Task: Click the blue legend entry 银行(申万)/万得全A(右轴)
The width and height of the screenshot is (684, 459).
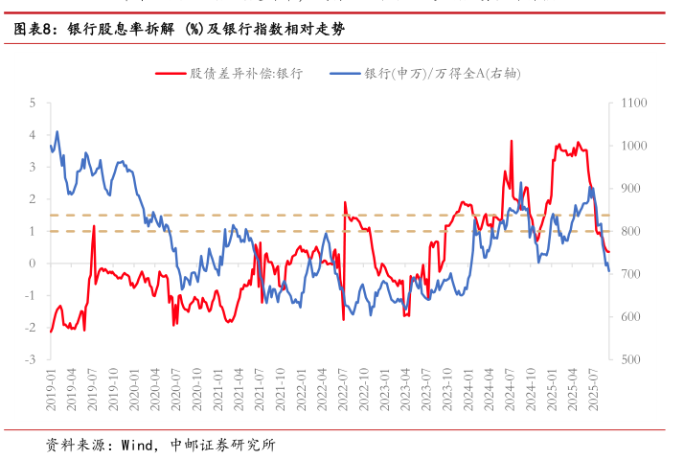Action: pyautogui.click(x=443, y=73)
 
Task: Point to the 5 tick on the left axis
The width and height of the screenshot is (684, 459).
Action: pyautogui.click(x=33, y=103)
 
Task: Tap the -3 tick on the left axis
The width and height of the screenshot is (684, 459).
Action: pyautogui.click(x=31, y=359)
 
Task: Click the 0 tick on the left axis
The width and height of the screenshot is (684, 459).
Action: pyautogui.click(x=33, y=264)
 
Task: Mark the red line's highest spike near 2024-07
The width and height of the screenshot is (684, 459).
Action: pyautogui.click(x=511, y=141)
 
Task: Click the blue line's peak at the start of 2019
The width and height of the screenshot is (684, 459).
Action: pyautogui.click(x=57, y=131)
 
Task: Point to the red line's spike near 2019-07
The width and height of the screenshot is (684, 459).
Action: pyautogui.click(x=94, y=227)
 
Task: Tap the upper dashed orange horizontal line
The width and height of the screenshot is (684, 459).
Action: pyautogui.click(x=326, y=215)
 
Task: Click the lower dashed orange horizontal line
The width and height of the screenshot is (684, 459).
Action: pyautogui.click(x=326, y=231)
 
